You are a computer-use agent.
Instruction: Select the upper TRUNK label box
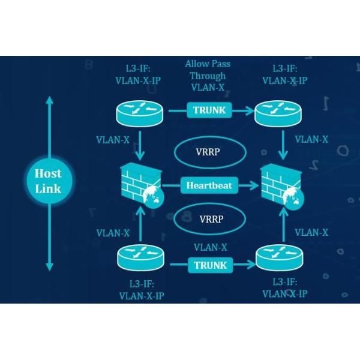(210, 110)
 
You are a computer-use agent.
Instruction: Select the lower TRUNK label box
(210, 265)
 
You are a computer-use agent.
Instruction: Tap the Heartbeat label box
(209, 185)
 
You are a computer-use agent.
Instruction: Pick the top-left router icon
(140, 112)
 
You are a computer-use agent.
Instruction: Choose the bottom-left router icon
(140, 259)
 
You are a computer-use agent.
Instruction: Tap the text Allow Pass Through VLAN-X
(208, 76)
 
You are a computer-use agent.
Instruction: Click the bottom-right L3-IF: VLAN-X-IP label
(285, 287)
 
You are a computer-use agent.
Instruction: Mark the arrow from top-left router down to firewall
(140, 145)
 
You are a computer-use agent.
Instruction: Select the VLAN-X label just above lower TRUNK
(210, 247)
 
